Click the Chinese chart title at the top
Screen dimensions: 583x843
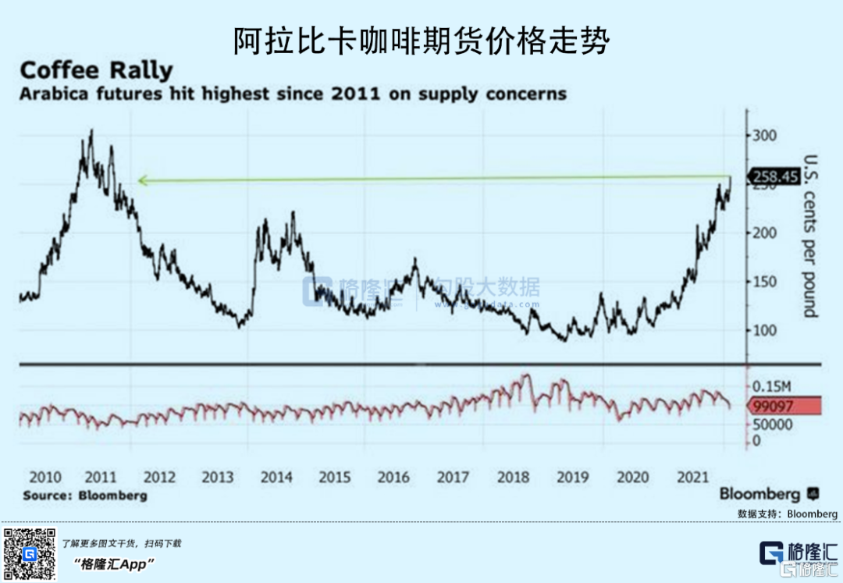(421, 41)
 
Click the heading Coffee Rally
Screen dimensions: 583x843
(96, 70)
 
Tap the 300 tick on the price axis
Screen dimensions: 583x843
(766, 136)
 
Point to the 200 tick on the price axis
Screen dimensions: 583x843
(766, 233)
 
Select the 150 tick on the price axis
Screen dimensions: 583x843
(766, 282)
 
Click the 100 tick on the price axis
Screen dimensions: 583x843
(766, 330)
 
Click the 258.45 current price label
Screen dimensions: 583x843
(775, 177)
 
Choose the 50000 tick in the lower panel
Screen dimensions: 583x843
(773, 425)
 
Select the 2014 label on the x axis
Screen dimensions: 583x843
(276, 478)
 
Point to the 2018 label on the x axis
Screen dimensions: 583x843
(514, 478)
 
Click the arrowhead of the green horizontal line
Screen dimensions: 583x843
(141, 181)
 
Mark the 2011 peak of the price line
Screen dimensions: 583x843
(91, 131)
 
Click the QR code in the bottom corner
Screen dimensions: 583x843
(29, 553)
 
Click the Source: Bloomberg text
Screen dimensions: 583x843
(84, 496)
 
